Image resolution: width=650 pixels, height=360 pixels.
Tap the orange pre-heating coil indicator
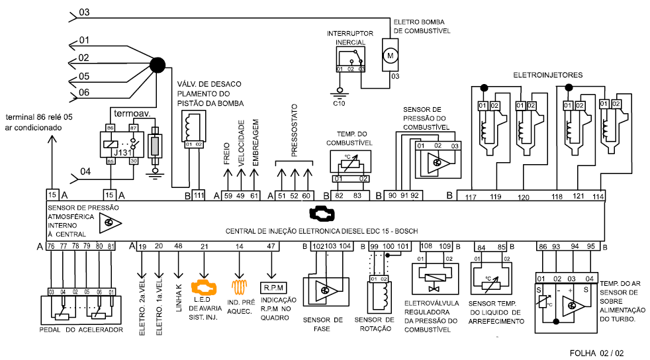240,287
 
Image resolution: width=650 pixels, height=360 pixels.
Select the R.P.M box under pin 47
271,288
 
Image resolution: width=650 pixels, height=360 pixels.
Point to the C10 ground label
339,103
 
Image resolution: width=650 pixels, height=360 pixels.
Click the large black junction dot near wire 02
157,65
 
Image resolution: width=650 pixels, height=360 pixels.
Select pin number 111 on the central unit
199,195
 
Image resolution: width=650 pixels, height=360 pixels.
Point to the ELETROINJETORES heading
548,75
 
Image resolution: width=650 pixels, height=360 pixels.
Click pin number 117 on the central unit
471,196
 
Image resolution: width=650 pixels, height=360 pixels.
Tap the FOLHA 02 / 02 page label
596,353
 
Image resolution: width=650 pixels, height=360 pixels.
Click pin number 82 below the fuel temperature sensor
339,195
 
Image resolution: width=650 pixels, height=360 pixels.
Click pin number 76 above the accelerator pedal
51,247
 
